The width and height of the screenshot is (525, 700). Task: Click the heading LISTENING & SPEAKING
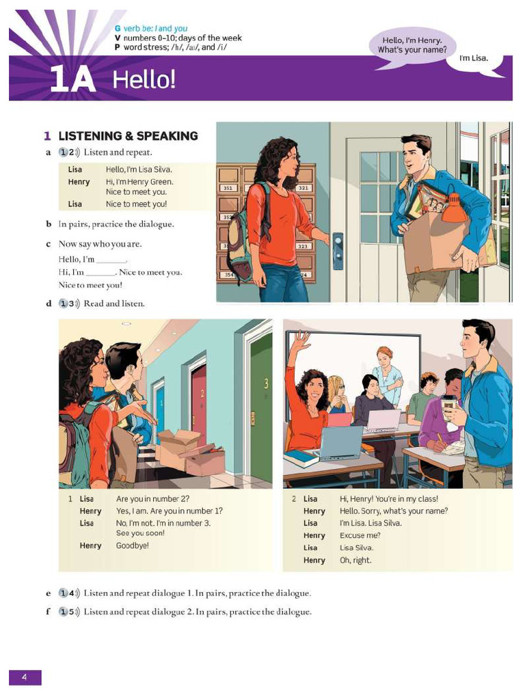pos(128,136)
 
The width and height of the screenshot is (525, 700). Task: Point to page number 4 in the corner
pos(25,677)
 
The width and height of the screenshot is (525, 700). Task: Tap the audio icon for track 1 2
pos(66,152)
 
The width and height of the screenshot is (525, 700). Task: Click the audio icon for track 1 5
pos(66,611)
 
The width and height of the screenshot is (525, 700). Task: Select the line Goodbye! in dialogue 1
pos(132,546)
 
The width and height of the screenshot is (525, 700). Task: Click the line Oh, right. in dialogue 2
pos(355,560)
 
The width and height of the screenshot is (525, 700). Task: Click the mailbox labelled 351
pos(229,187)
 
